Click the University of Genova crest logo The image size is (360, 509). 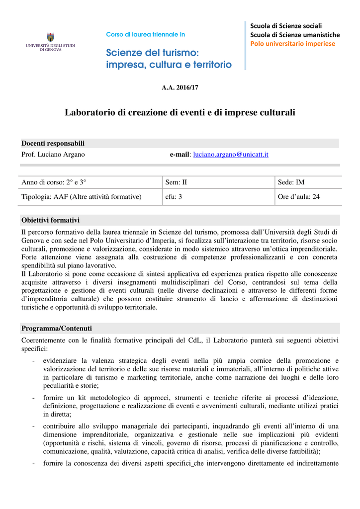(50, 37)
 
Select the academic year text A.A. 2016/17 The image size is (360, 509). (180, 87)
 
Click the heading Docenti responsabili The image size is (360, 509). (53, 143)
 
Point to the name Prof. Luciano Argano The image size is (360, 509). (53, 155)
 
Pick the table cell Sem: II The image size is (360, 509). (176, 182)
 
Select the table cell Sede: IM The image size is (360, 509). (291, 182)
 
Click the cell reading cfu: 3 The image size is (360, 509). (174, 197)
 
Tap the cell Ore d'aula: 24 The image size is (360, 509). (299, 197)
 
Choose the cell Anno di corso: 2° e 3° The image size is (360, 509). (57, 182)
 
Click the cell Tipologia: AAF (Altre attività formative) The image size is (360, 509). (82, 197)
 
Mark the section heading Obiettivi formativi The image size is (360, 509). (50, 220)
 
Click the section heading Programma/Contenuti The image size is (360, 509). (56, 329)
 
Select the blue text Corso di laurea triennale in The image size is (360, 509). (146, 35)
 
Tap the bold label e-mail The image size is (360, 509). (180, 155)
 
